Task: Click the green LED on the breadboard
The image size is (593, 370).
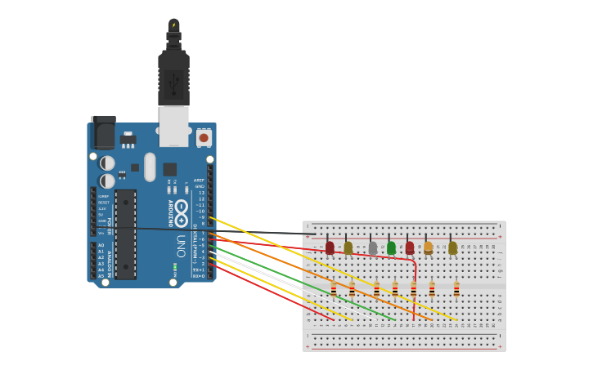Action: coord(391,247)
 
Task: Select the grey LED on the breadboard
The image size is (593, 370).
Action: coord(373,247)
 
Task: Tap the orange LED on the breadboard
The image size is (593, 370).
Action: coord(428,246)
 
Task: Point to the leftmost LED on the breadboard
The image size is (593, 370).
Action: coord(330,247)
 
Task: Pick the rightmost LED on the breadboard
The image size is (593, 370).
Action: coord(452,247)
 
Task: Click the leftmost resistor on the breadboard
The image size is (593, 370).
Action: coord(334,288)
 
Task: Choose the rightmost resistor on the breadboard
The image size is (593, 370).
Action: coord(456,288)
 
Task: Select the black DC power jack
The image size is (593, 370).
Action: coord(103,132)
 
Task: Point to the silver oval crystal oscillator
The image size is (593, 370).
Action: coord(150,167)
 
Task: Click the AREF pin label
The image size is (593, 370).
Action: coord(200,180)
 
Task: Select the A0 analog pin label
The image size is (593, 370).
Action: coord(101,245)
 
